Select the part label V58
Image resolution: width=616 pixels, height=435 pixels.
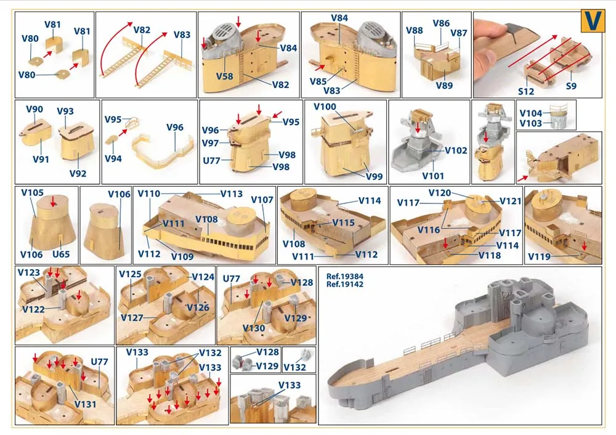coord(224,76)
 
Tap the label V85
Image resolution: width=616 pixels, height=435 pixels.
coord(318,81)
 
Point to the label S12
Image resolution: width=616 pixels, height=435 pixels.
coord(525,92)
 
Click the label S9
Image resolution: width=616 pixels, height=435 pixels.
coord(571,86)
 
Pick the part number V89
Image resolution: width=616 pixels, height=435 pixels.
coord(444,85)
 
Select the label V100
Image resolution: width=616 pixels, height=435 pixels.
coord(325,107)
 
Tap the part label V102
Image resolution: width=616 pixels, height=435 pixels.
coord(456,150)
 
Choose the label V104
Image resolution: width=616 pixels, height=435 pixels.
coord(530,113)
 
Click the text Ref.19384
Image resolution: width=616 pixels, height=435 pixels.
coord(344,277)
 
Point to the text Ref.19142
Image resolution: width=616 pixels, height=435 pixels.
coord(344,284)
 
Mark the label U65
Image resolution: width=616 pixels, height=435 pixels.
coord(61,254)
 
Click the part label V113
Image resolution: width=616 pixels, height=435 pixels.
coord(231,193)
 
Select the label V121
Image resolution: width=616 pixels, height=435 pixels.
coord(510,201)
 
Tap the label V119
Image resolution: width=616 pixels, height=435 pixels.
coord(539,256)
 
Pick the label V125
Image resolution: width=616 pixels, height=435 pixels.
coord(130,274)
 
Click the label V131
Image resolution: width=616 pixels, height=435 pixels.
coord(85,404)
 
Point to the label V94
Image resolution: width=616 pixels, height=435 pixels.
coord(113,159)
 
